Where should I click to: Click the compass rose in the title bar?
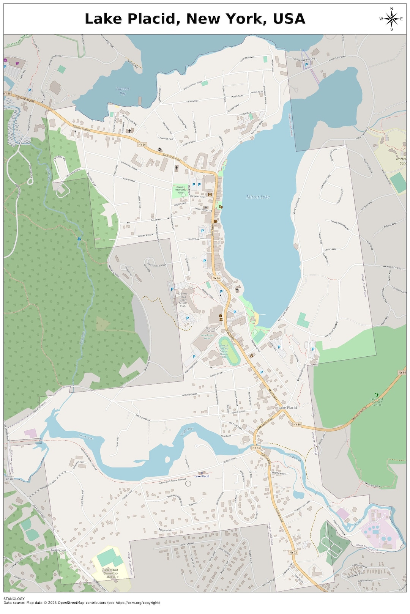pos(391,19)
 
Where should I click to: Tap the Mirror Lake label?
pos(258,197)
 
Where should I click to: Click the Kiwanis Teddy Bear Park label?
pos(180,190)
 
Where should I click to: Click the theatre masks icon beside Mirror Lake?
pos(221,207)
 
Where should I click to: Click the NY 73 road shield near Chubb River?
pos(256,448)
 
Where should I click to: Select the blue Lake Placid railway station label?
pos(202,476)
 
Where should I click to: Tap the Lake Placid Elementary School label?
pos(110,573)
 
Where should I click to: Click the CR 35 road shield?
pos(9,479)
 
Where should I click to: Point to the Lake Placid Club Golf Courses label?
pos(377,401)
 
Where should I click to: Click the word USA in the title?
pos(289,19)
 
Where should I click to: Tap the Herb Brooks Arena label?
pos(208,337)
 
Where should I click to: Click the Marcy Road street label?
pos(194,239)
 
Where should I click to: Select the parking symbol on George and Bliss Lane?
pos(306,65)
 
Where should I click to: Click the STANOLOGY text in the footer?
pos(14,598)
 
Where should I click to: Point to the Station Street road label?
pos(230,460)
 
